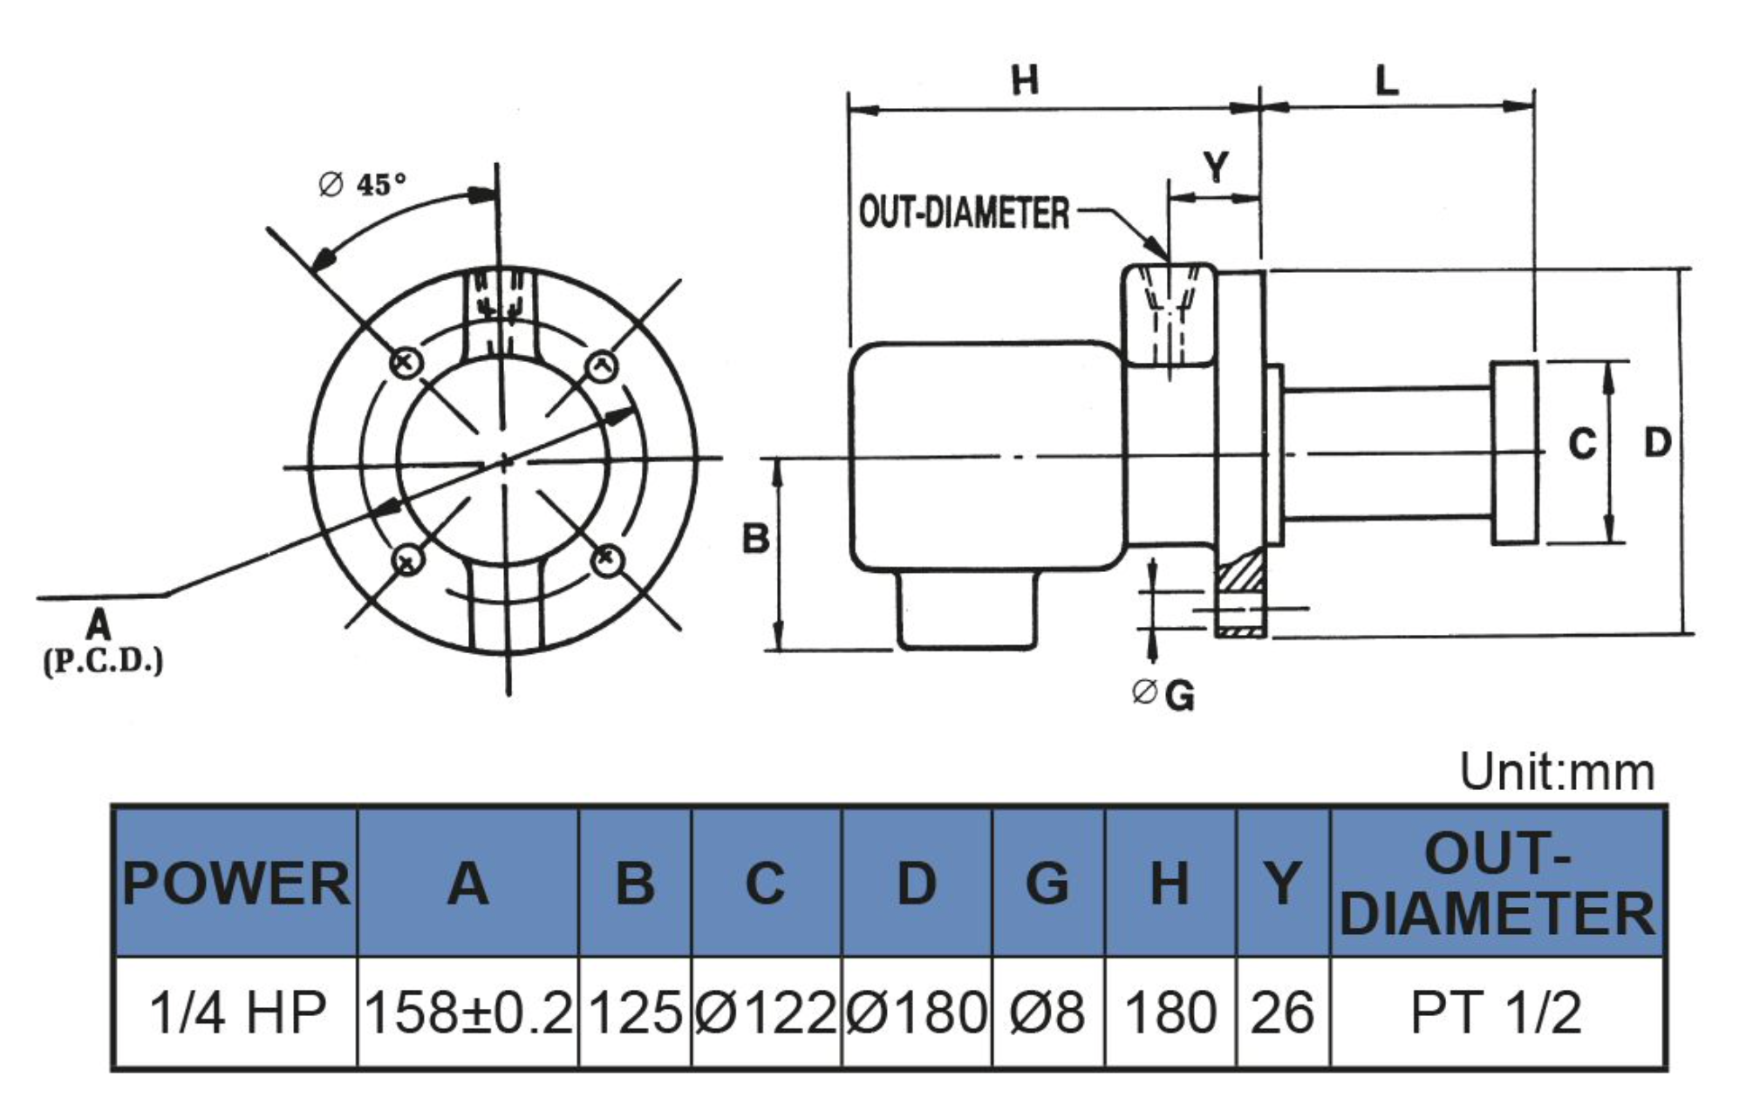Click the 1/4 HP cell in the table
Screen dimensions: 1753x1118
[x=235, y=1012]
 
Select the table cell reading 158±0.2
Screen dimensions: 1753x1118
[x=468, y=1012]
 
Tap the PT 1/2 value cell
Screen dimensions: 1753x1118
[x=1497, y=1012]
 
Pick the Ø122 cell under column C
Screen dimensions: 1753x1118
[x=767, y=1012]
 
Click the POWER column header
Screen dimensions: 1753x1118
[x=235, y=883]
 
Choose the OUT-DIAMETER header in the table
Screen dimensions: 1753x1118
[x=1497, y=883]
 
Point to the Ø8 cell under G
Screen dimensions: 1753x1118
[x=1048, y=1012]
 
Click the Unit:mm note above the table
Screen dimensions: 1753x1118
[x=1557, y=773]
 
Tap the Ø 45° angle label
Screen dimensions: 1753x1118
[x=362, y=184]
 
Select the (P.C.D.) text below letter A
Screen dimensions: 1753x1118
[x=103, y=661]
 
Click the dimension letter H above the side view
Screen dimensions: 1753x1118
[x=1026, y=80]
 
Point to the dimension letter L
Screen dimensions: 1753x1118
[x=1387, y=81]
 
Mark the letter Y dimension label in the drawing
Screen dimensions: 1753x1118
[x=1216, y=166]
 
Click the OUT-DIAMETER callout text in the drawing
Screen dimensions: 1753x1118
[x=964, y=213]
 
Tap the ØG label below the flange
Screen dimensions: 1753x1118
[x=1163, y=695]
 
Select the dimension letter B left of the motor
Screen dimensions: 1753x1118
[x=755, y=539]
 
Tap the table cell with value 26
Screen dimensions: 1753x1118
[x=1283, y=1012]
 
